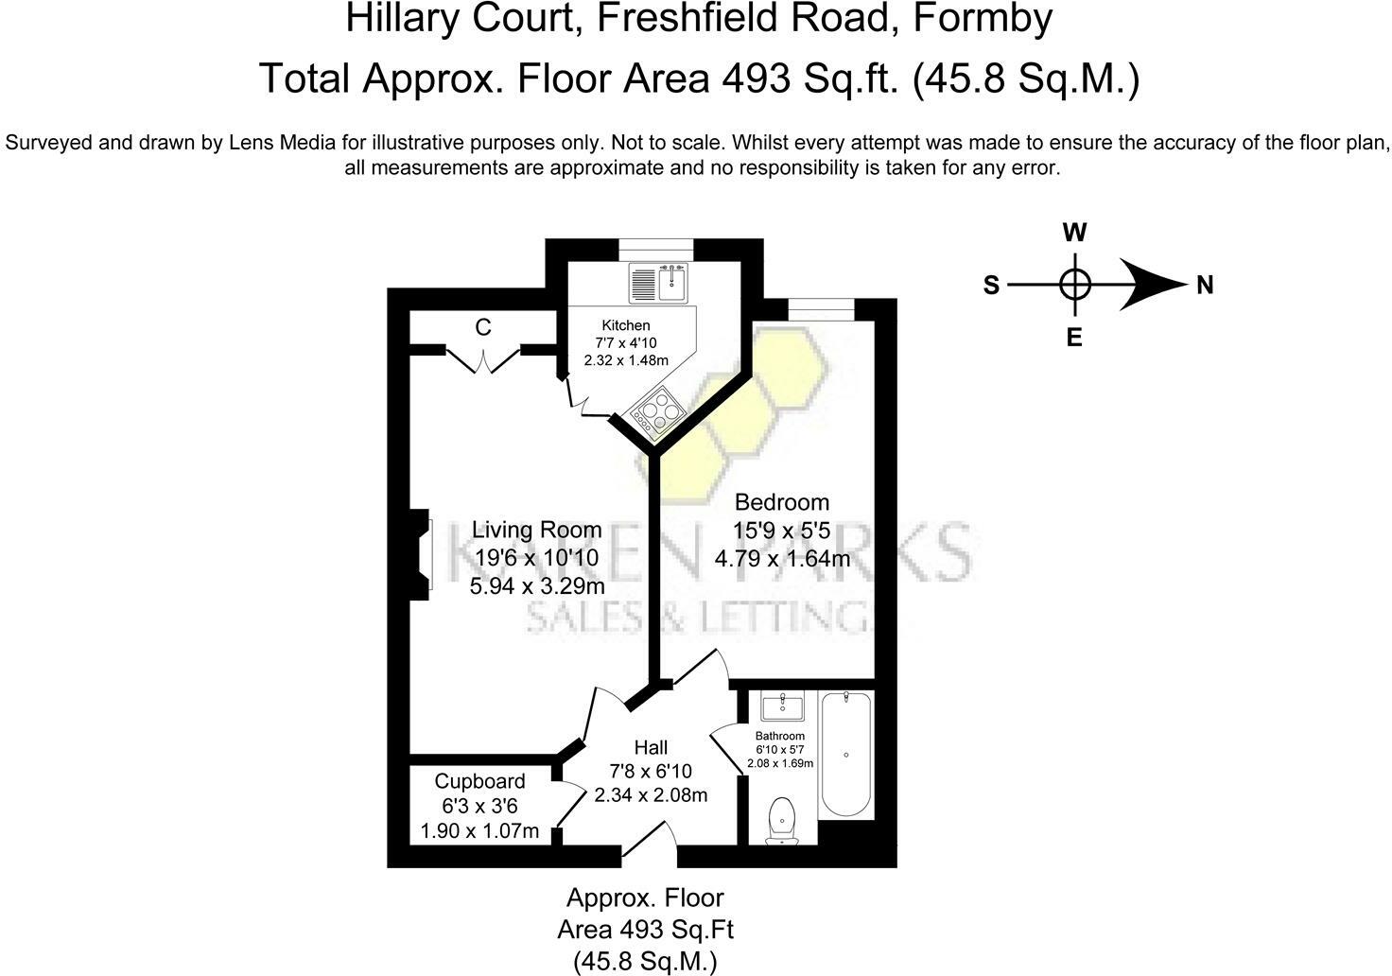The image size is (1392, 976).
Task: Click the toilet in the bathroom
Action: click(x=781, y=818)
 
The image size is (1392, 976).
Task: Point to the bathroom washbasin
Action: click(x=782, y=706)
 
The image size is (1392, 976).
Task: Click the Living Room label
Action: click(x=536, y=530)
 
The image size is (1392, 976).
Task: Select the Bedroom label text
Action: click(x=781, y=502)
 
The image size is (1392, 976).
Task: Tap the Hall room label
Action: click(x=651, y=748)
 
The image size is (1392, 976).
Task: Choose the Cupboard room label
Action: click(x=479, y=781)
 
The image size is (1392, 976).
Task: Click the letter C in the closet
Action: click(x=483, y=327)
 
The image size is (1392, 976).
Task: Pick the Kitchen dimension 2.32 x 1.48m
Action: click(x=625, y=360)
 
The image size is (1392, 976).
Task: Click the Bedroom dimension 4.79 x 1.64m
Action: click(x=781, y=559)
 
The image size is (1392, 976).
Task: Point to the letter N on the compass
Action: click(x=1204, y=285)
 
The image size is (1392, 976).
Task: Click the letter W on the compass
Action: click(x=1074, y=233)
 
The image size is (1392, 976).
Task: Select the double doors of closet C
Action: click(x=483, y=360)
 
